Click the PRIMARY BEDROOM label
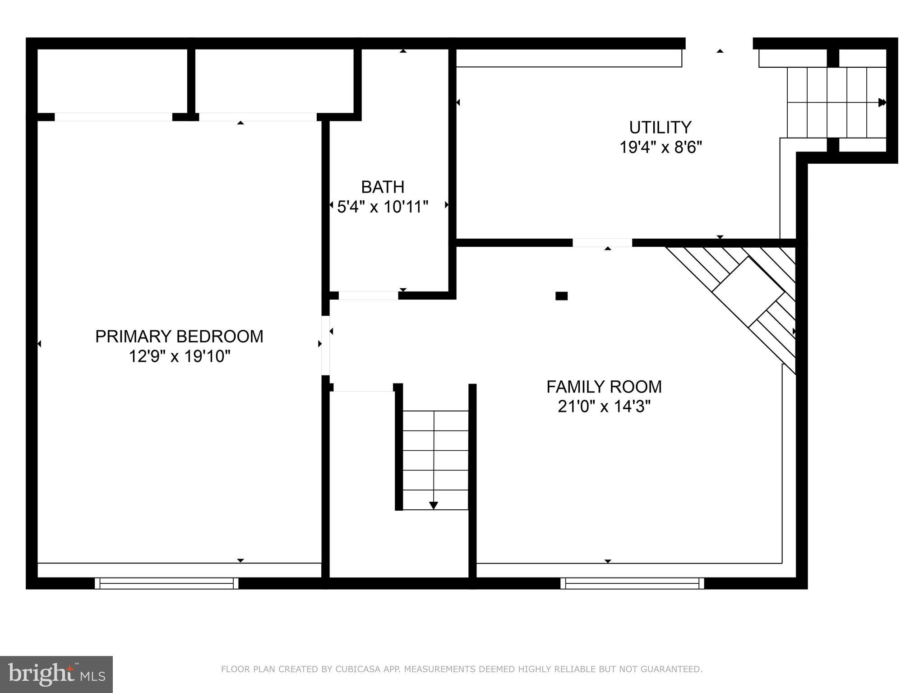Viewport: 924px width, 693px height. tap(179, 337)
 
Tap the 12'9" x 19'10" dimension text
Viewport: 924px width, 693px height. tap(179, 356)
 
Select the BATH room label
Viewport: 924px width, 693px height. tap(383, 187)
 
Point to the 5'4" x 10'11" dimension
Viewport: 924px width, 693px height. tap(383, 207)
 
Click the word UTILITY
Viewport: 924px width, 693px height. tap(660, 128)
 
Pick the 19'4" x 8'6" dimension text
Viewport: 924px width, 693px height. tap(661, 148)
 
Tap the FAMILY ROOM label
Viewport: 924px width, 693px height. tap(604, 387)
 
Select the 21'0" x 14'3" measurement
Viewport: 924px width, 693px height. tap(604, 407)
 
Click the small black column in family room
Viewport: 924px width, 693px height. tap(561, 296)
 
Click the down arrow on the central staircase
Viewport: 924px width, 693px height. tap(434, 505)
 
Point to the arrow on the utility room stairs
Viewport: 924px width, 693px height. tap(882, 102)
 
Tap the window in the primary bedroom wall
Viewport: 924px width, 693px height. tap(166, 583)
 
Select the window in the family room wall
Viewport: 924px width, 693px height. tap(632, 583)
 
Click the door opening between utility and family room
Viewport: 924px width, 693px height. tap(602, 243)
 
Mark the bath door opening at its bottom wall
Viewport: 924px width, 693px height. tap(368, 296)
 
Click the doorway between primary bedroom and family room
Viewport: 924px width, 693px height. tap(325, 346)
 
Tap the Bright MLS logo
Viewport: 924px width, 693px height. tap(56, 675)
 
